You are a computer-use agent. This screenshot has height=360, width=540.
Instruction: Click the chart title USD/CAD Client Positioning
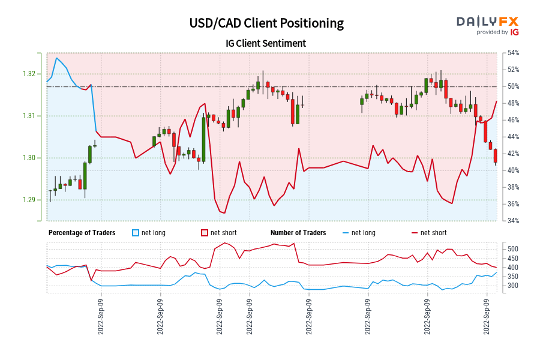coord(266,23)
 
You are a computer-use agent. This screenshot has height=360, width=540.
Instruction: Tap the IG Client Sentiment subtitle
coord(266,43)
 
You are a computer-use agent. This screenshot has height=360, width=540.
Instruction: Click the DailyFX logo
coord(487,22)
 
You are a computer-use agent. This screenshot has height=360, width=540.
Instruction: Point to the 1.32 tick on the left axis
coord(29,74)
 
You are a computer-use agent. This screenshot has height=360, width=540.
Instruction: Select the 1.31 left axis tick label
coord(29,116)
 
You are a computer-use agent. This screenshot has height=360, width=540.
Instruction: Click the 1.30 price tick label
coord(29,158)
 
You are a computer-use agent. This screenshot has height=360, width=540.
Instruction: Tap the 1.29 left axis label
coord(29,200)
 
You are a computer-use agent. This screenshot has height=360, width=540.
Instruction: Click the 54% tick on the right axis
coord(513,53)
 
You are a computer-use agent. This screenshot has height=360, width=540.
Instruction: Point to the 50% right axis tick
coord(513,86)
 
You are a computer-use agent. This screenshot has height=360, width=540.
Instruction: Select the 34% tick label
coord(513,221)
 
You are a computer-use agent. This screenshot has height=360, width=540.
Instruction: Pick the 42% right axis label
coord(513,154)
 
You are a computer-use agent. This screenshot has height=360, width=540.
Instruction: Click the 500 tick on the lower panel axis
coord(513,249)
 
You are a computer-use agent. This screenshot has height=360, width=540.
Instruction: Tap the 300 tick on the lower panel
coord(513,286)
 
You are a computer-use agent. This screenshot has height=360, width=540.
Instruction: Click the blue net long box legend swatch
coord(136,233)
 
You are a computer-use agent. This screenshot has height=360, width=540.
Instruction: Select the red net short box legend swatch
coord(205,233)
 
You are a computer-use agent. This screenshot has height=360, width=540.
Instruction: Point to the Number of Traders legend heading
coord(298,233)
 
